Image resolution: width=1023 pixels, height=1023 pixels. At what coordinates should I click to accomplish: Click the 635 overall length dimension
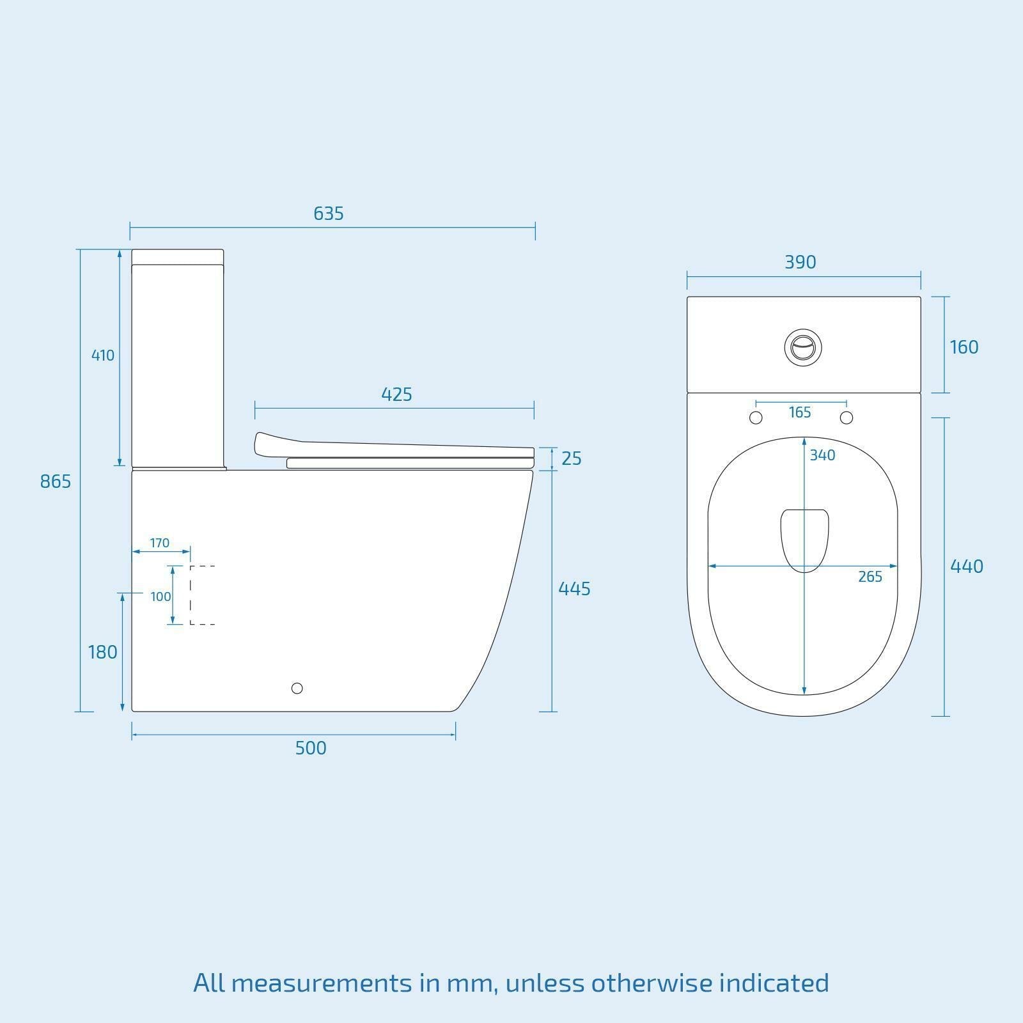pos(329,214)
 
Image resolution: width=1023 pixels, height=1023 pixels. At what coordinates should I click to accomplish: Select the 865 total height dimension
pos(56,481)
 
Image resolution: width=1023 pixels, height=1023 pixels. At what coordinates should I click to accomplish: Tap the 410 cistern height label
pos(102,355)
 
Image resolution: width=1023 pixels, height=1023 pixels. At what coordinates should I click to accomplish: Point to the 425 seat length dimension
pos(396,394)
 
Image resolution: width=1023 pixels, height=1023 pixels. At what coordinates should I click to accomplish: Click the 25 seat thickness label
pos(571,458)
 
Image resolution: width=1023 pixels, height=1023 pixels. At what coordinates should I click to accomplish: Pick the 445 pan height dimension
pos(574,589)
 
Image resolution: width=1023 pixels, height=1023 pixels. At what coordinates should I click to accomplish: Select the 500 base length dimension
pos(311,748)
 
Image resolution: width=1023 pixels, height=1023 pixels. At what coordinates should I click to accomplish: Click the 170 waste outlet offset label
pos(159,543)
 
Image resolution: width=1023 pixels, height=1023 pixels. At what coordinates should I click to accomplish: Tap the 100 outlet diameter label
pos(160,597)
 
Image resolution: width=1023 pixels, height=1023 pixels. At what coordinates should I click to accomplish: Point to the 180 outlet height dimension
pos(102,652)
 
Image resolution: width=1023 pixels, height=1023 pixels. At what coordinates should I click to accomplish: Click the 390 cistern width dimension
pos(800,262)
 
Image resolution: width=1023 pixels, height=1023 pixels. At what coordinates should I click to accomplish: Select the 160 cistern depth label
pos(964,347)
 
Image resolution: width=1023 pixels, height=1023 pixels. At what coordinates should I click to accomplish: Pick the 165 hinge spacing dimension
pos(800,412)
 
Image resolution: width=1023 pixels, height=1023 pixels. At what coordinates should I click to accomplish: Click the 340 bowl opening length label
pos(822,455)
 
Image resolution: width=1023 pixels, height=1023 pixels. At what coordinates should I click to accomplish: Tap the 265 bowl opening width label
pos(870,577)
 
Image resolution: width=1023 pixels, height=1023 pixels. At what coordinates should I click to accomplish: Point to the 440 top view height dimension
pos(966,566)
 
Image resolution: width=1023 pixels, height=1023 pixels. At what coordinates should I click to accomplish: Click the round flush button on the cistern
pos(803,347)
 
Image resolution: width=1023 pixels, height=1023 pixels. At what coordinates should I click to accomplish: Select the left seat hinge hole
pos(756,418)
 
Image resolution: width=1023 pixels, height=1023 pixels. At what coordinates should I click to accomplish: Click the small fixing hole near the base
pos(297,688)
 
